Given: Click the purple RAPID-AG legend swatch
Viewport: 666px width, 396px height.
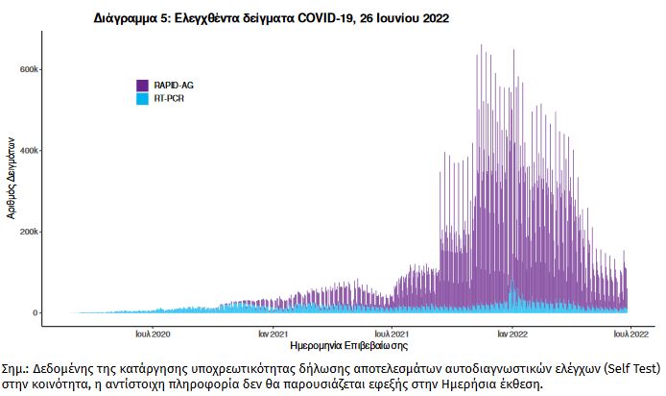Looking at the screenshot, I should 142,85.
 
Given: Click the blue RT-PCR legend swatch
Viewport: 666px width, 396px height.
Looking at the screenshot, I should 142,98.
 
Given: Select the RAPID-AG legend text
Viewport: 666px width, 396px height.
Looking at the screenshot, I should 173,86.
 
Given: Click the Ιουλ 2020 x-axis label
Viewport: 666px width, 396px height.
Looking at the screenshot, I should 154,334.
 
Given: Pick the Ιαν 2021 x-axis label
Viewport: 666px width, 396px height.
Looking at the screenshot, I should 274,334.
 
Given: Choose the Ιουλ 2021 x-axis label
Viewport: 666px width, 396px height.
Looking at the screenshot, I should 392,334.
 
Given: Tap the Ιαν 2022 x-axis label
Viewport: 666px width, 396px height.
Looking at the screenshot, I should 511,334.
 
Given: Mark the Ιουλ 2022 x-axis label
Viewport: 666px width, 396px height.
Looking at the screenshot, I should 630,334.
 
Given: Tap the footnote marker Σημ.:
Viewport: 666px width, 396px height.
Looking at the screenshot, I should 16,368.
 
